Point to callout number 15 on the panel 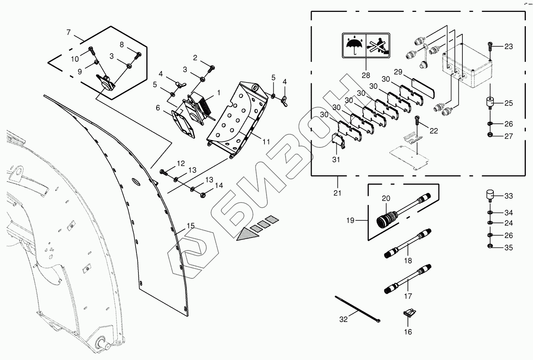point(191,226)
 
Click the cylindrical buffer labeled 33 point(490,196)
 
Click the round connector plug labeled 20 point(383,218)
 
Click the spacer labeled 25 point(490,103)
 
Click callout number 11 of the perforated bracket point(266,142)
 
